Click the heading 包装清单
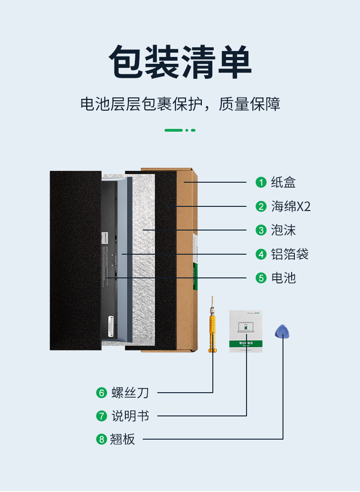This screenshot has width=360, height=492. pyautogui.click(x=180, y=62)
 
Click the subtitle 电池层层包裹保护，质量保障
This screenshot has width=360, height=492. pyautogui.click(x=180, y=104)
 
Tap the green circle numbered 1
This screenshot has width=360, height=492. pyautogui.click(x=261, y=182)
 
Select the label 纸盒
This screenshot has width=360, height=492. pyautogui.click(x=283, y=182)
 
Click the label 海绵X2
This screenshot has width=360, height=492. pyautogui.click(x=290, y=206)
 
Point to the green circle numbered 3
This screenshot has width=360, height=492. pyautogui.click(x=261, y=230)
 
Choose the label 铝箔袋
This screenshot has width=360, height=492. pyautogui.click(x=289, y=254)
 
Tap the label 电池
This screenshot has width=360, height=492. pyautogui.click(x=283, y=277)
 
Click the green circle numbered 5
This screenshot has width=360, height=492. pyautogui.click(x=261, y=277)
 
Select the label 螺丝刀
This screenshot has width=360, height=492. pyautogui.click(x=130, y=392)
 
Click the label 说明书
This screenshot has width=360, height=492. pyautogui.click(x=130, y=416)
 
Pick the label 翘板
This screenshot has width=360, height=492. pyautogui.click(x=123, y=439)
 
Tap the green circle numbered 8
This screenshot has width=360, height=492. pyautogui.click(x=101, y=439)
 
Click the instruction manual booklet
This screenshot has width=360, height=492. pyautogui.click(x=246, y=331)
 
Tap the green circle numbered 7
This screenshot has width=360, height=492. pyautogui.click(x=101, y=416)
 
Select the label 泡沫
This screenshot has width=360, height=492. pyautogui.click(x=283, y=230)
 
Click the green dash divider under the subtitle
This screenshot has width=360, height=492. pyautogui.click(x=180, y=130)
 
